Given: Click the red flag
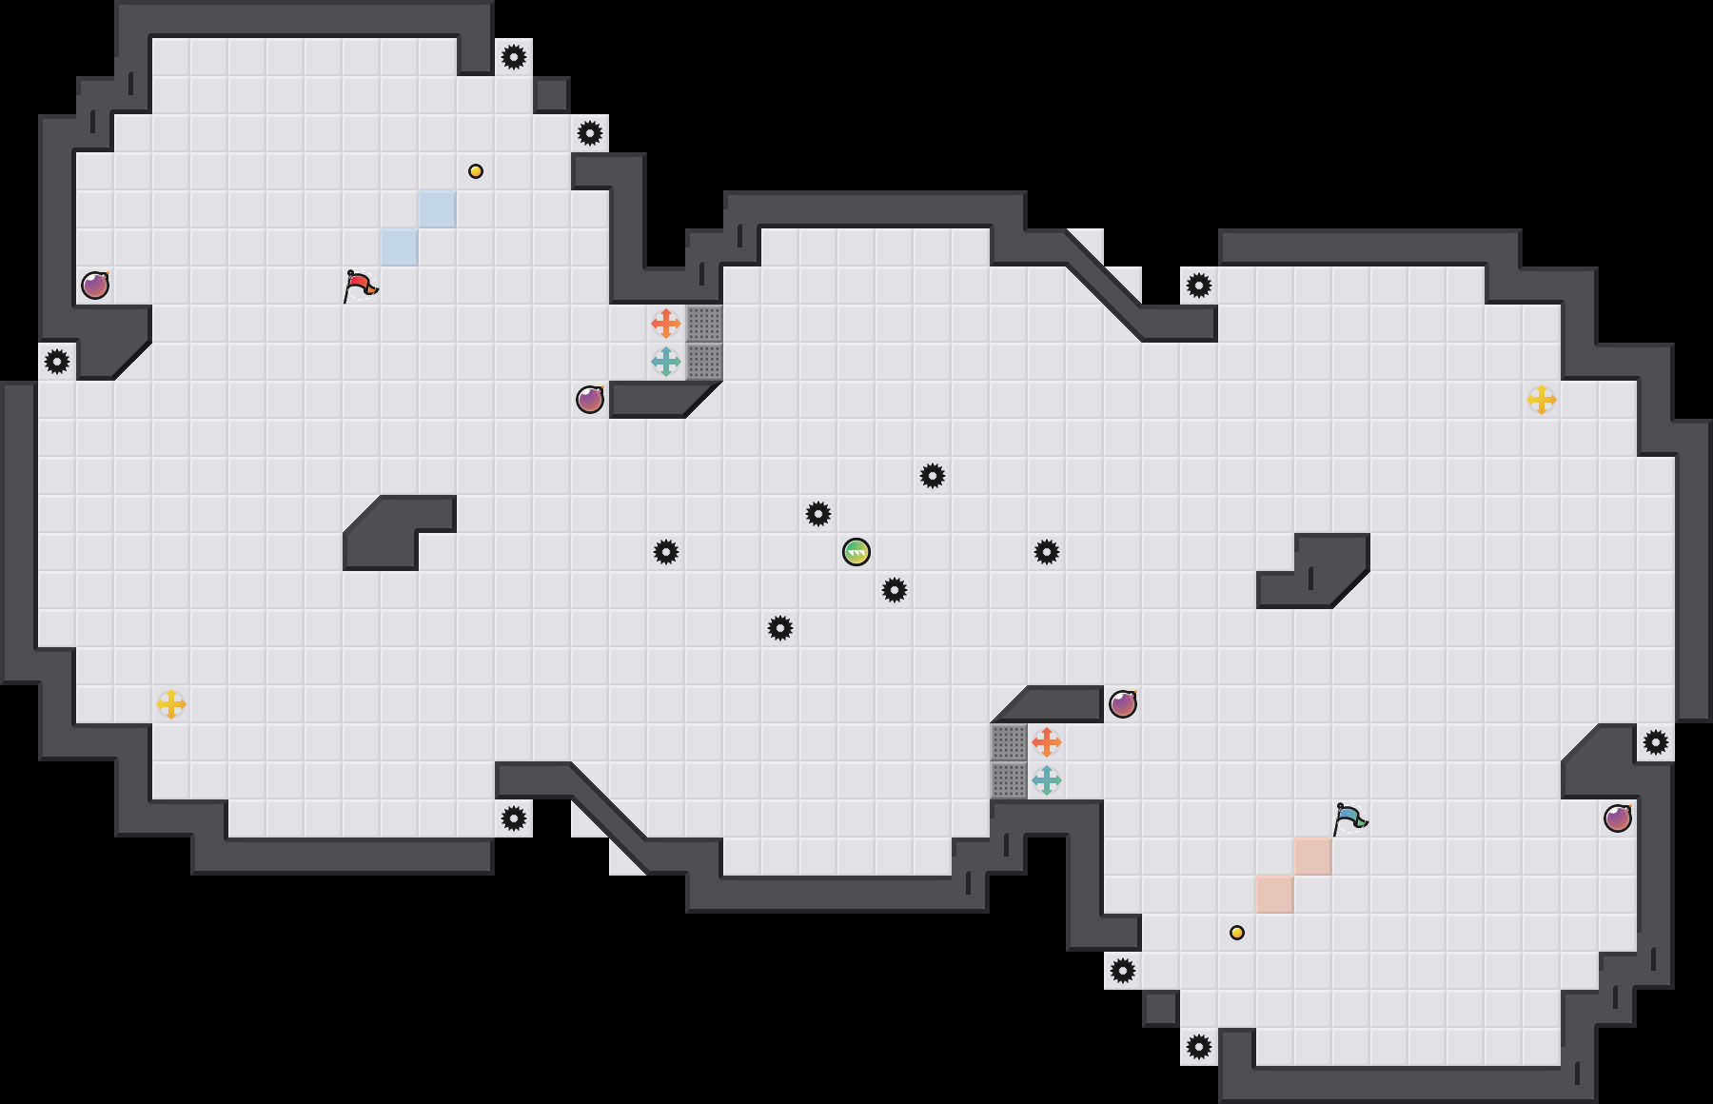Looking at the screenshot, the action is point(360,285).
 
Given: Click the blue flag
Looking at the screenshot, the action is point(1349,818).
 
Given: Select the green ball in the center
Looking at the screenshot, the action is point(856,552).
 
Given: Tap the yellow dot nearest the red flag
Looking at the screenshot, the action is point(476,171).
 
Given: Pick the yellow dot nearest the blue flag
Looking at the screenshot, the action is point(1237,933).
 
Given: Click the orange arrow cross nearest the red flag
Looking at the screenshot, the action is point(666,324).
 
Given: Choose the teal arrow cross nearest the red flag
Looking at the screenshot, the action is point(666,362).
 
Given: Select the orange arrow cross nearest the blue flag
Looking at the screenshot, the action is point(1047,742).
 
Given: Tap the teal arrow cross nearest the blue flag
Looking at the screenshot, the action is point(1047,780).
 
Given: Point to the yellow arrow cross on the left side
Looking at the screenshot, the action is point(171,704).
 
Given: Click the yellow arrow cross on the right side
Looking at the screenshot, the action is point(1542,400).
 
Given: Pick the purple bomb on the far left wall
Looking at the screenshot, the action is point(95,286).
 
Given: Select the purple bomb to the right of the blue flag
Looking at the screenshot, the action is point(1618,818).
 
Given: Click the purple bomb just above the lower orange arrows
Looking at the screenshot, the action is point(1123,704).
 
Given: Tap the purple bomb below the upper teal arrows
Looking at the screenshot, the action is point(590,400).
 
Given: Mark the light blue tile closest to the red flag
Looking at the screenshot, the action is point(400,247).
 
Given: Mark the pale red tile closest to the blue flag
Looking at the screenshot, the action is point(1313,857).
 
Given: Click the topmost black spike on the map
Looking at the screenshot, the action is point(514,57).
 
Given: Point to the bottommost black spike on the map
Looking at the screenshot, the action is point(1199,1047).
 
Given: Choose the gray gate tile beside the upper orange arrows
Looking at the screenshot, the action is point(704,324).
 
